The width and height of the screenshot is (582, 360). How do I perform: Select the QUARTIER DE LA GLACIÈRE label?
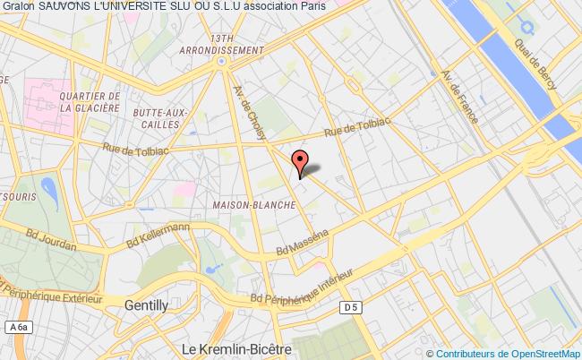[88, 101]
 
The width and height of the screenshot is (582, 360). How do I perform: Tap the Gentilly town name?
[146, 304]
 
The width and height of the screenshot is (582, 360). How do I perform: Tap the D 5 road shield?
[351, 306]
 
